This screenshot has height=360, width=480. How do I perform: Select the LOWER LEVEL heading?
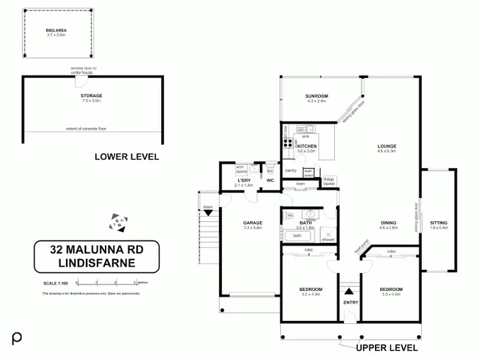[x=127, y=157]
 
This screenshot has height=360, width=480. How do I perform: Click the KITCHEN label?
[x=307, y=146]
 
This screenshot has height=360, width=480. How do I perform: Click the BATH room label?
[x=305, y=223]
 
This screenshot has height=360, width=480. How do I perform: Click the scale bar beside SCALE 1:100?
[x=106, y=283]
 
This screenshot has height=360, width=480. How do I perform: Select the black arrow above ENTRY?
[x=349, y=291]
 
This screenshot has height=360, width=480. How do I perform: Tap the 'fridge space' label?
[x=330, y=180]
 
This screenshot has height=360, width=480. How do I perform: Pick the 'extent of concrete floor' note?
[x=86, y=129]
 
